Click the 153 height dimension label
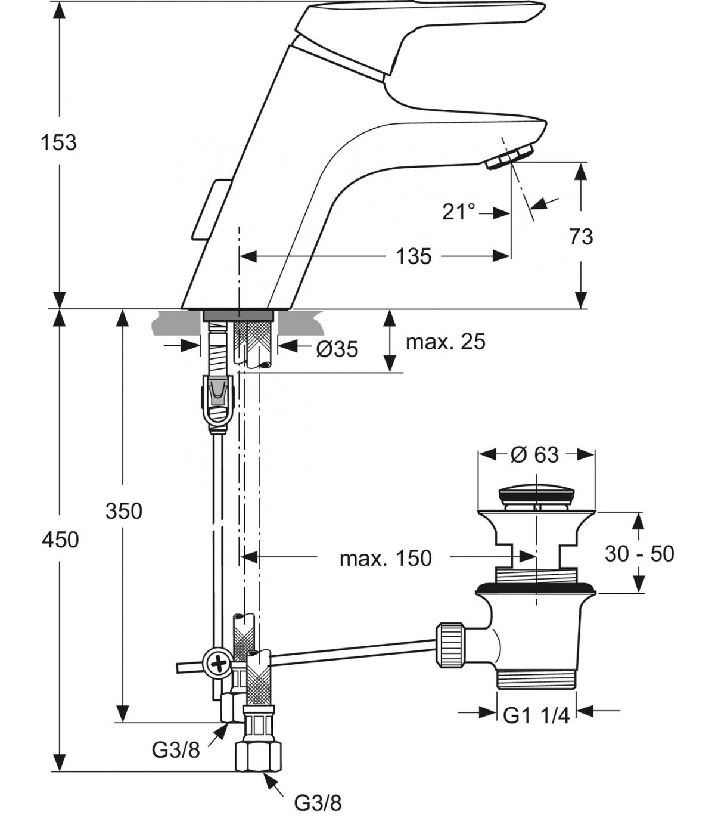(x=59, y=142)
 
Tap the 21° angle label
(x=459, y=212)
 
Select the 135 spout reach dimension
(x=414, y=256)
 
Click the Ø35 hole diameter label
(x=337, y=349)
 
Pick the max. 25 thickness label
(x=445, y=342)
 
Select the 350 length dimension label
(x=124, y=511)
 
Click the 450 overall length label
(x=60, y=540)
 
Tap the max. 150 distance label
(x=386, y=559)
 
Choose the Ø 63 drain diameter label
(x=535, y=454)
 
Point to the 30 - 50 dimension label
(x=639, y=554)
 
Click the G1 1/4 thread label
(x=536, y=715)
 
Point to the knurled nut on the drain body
(x=452, y=645)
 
